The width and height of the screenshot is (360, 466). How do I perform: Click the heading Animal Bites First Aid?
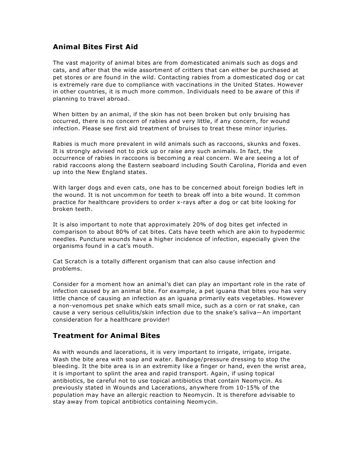95,46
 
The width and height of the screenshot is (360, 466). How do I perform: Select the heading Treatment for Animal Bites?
106,336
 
